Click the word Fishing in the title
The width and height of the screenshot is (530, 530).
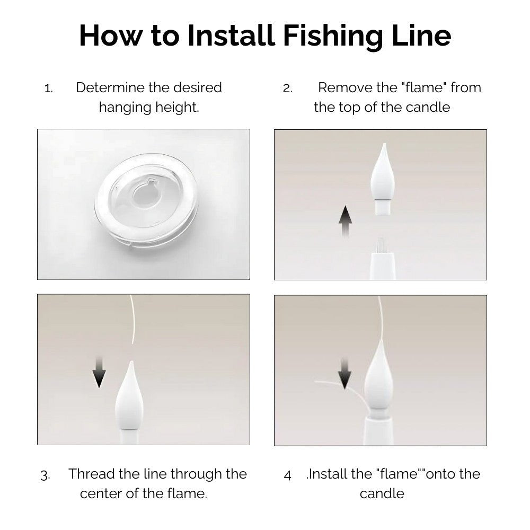click(x=333, y=37)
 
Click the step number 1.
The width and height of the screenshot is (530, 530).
click(x=49, y=89)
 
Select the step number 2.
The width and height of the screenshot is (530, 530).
click(x=287, y=89)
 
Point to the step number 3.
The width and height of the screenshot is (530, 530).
click(x=45, y=475)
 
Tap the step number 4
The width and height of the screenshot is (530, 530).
click(x=287, y=475)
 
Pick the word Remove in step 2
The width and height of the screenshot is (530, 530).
click(x=345, y=87)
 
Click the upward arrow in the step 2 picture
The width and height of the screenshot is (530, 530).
click(x=345, y=222)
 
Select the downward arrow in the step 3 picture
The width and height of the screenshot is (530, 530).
click(x=99, y=372)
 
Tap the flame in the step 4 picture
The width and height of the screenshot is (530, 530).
click(x=378, y=378)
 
